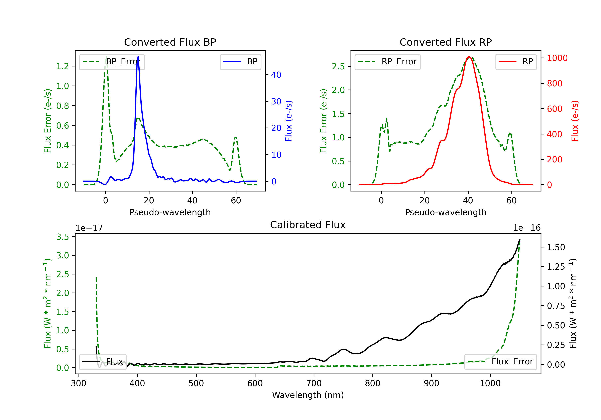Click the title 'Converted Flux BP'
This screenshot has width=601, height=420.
pyautogui.click(x=170, y=42)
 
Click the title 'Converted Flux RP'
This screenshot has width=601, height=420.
pyautogui.click(x=446, y=42)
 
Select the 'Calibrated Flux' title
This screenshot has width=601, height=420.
pyautogui.click(x=308, y=225)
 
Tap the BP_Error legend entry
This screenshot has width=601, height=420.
pyautogui.click(x=112, y=62)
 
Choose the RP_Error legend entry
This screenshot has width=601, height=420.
pyautogui.click(x=387, y=62)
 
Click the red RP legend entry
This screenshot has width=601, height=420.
pyautogui.click(x=516, y=62)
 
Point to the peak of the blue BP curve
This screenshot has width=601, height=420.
pyautogui.click(x=138, y=57)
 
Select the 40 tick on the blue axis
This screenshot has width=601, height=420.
pyautogui.click(x=276, y=75)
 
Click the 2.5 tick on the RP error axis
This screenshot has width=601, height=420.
pyautogui.click(x=338, y=66)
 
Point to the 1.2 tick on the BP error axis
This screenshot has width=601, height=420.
pyautogui.click(x=63, y=66)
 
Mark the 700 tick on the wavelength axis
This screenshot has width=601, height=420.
pyautogui.click(x=314, y=383)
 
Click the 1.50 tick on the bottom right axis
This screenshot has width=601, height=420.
pyautogui.click(x=556, y=247)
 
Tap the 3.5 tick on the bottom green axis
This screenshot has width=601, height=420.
pyautogui.click(x=63, y=237)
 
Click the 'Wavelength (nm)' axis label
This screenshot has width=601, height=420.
pyautogui.click(x=308, y=395)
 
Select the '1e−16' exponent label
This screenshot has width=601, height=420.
pyautogui.click(x=527, y=228)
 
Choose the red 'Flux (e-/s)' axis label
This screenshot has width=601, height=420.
pyautogui.click(x=575, y=121)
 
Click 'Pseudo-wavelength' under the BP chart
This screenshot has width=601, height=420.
pyautogui.click(x=170, y=212)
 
